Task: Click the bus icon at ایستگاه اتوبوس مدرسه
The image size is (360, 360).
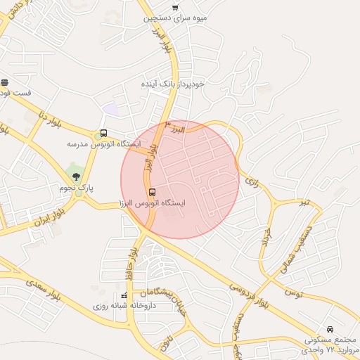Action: pos(104,133)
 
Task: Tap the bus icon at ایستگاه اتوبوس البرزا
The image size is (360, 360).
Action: pos(152,192)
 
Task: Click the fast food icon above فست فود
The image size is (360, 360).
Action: pos(4,82)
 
